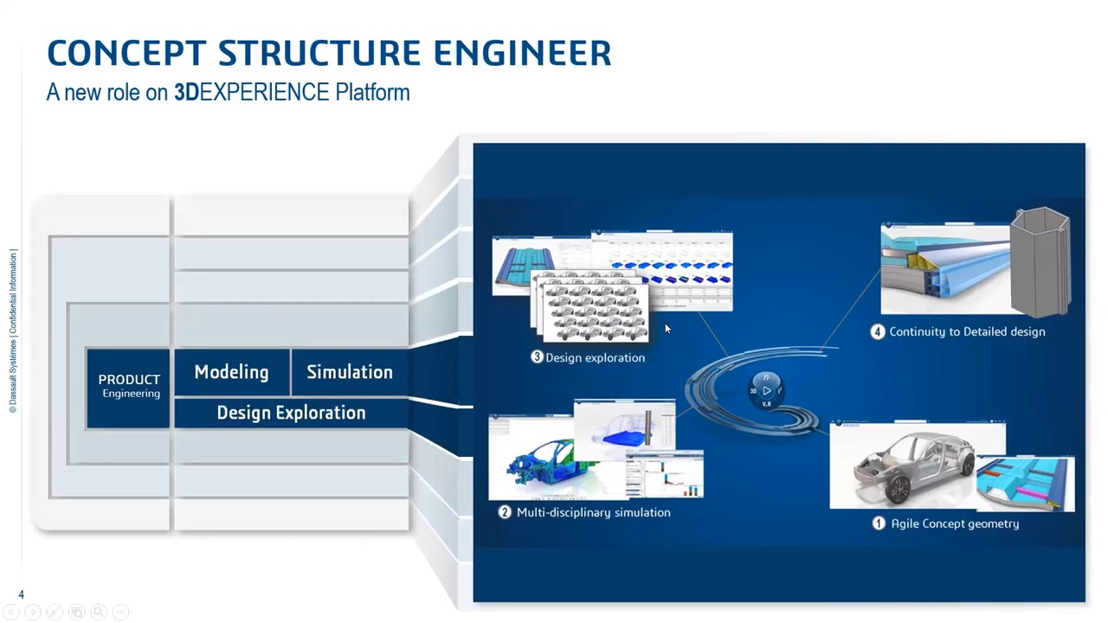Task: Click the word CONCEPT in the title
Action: click(x=126, y=54)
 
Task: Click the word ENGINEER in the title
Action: click(x=522, y=54)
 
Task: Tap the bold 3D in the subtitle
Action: click(x=186, y=93)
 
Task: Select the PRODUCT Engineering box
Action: click(x=129, y=386)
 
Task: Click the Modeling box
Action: click(x=231, y=372)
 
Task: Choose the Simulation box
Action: click(x=350, y=372)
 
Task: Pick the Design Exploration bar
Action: click(x=291, y=413)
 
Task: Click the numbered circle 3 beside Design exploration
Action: click(x=537, y=357)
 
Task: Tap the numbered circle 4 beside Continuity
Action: click(x=878, y=331)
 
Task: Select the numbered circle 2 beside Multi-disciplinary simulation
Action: click(x=505, y=512)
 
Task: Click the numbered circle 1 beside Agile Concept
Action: click(x=879, y=523)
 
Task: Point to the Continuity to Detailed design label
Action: click(x=967, y=331)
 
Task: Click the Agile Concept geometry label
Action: click(x=955, y=523)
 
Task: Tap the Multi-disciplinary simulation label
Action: click(x=593, y=512)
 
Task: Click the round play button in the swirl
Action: click(x=766, y=391)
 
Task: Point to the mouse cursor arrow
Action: click(x=667, y=328)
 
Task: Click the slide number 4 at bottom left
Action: click(x=22, y=594)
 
